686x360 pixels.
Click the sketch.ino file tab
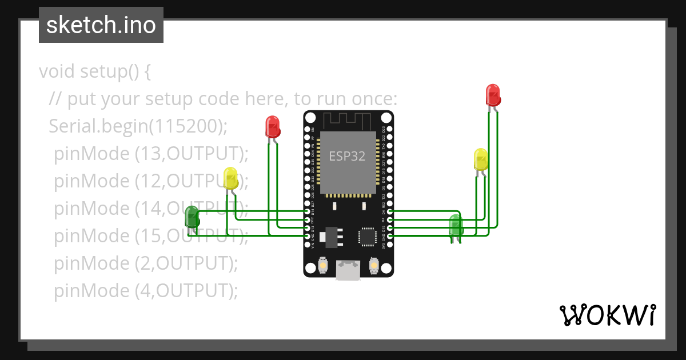(x=101, y=25)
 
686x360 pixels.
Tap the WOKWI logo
(x=607, y=315)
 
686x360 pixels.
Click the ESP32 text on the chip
(x=347, y=156)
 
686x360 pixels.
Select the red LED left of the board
(x=273, y=126)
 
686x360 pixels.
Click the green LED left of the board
(x=192, y=217)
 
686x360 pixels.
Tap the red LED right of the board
(x=493, y=94)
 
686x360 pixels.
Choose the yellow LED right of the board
(x=481, y=159)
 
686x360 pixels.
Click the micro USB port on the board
(x=348, y=271)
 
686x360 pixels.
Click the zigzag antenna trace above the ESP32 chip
(x=348, y=120)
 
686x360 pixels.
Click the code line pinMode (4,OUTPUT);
(x=145, y=291)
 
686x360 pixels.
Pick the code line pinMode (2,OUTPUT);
(x=145, y=263)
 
